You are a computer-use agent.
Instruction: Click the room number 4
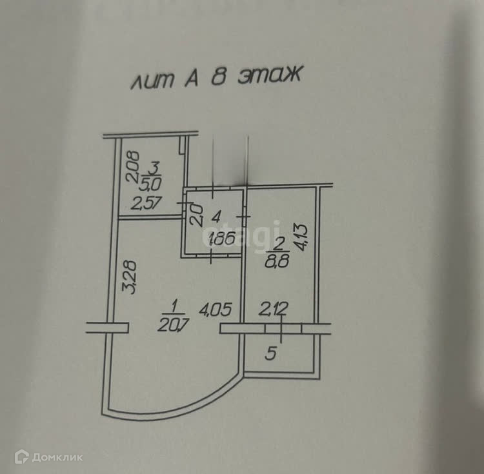point(217,215)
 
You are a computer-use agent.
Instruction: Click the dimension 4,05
point(214,310)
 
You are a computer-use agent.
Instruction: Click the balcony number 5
point(271,352)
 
